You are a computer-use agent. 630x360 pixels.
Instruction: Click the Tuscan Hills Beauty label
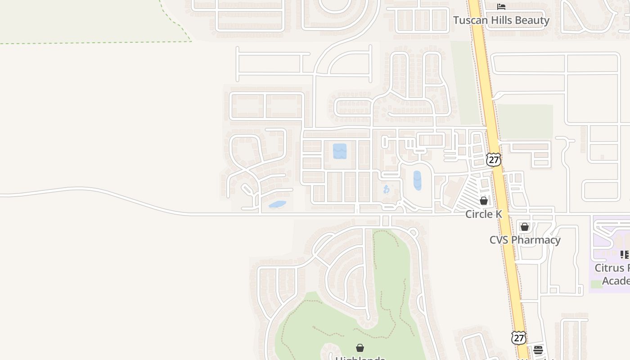point(501,20)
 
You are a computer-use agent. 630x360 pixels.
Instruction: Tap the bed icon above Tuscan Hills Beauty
point(501,7)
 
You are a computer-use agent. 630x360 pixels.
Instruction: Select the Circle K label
point(483,214)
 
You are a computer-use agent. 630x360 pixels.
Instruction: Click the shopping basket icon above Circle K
point(484,201)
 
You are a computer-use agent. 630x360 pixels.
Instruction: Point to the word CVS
point(499,240)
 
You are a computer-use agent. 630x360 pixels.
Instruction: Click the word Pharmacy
point(535,240)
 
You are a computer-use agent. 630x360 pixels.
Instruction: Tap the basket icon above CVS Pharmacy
point(525,227)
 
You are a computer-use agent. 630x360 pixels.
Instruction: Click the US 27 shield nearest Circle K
point(494,159)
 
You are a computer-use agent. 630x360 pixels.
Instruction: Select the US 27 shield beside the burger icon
point(519,337)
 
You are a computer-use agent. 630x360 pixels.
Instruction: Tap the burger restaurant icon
point(538,350)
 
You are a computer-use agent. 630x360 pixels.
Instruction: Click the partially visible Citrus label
point(612,268)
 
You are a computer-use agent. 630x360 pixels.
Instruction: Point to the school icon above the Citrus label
point(624,255)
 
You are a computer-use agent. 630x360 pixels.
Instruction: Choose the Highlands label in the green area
point(360,358)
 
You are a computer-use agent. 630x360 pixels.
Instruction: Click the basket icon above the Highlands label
point(360,348)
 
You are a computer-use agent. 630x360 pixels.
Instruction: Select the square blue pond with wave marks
point(340,151)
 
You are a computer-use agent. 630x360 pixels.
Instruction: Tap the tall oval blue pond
point(417,180)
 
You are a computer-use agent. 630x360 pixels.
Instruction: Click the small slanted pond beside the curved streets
point(277,204)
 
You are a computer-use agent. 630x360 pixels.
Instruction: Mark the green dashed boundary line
point(90,43)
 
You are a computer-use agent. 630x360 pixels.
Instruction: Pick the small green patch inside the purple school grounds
point(597,284)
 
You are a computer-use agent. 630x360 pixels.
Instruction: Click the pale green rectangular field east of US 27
point(525,121)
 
